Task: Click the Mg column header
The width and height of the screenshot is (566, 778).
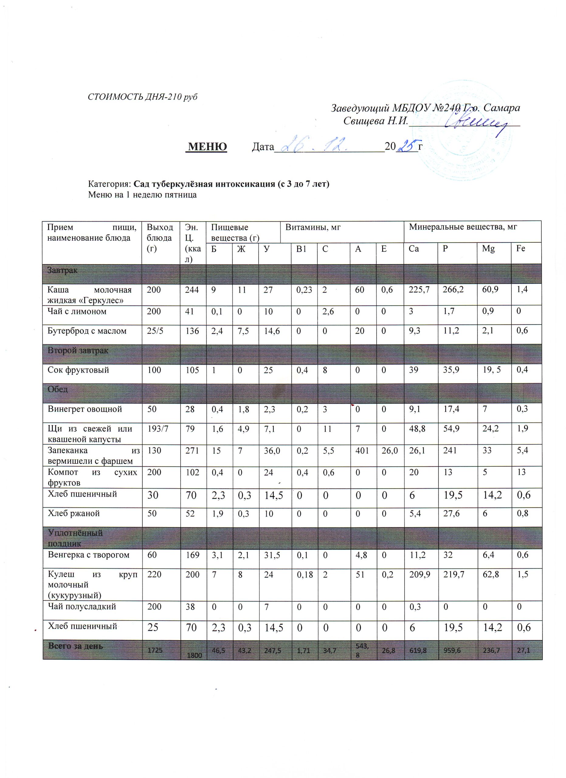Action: [488, 249]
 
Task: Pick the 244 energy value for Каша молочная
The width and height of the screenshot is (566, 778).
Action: [192, 290]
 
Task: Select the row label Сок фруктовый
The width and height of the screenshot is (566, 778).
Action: [78, 370]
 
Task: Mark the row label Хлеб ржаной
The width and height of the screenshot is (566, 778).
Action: [74, 513]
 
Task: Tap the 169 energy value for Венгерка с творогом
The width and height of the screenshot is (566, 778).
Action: [192, 555]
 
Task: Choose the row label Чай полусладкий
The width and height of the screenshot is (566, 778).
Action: [82, 607]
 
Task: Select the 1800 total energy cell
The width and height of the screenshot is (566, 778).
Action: [194, 655]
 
